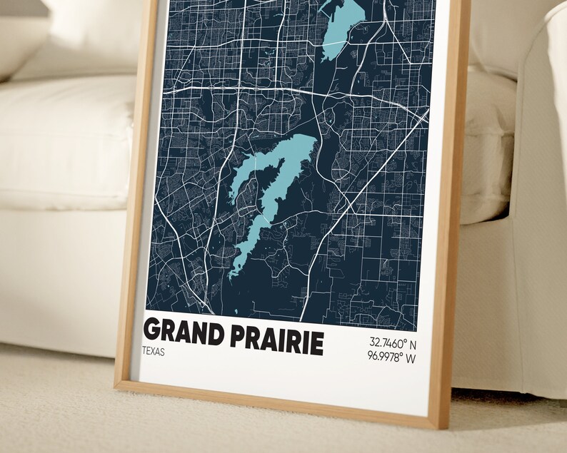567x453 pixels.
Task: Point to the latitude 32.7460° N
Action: (x=392, y=342)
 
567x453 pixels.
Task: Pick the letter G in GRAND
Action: (x=152, y=330)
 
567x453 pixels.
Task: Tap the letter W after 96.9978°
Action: (x=411, y=357)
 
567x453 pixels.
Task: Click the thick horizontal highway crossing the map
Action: (x=236, y=88)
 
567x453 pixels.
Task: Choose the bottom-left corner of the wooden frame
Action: (x=119, y=386)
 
